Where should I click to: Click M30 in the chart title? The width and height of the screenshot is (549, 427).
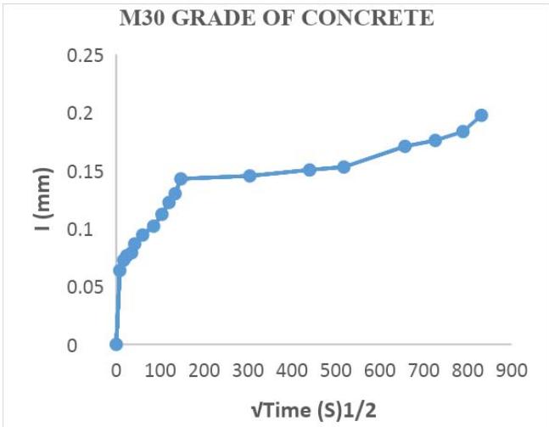[141, 18]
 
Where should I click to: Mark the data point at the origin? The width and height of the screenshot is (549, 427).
[116, 344]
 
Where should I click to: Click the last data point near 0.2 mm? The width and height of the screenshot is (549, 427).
[481, 115]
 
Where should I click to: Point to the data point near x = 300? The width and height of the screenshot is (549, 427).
[249, 176]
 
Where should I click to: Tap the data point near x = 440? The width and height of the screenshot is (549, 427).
[310, 170]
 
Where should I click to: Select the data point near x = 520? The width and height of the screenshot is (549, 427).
[344, 167]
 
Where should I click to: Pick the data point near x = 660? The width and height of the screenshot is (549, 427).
[405, 146]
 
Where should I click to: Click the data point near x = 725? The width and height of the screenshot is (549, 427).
[435, 140]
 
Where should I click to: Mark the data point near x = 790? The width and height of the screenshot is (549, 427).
[463, 132]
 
